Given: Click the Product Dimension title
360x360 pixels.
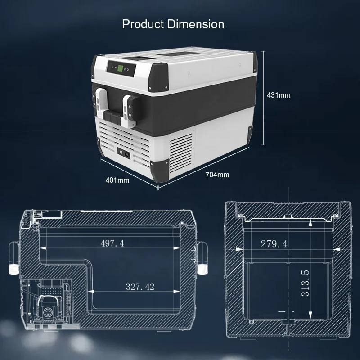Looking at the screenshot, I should tap(173, 24).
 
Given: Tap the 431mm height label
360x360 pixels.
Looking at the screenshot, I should tap(279, 95).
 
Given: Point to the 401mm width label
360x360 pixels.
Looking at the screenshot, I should tap(117, 180).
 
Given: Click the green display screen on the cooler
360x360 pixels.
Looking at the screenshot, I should tap(120, 68).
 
